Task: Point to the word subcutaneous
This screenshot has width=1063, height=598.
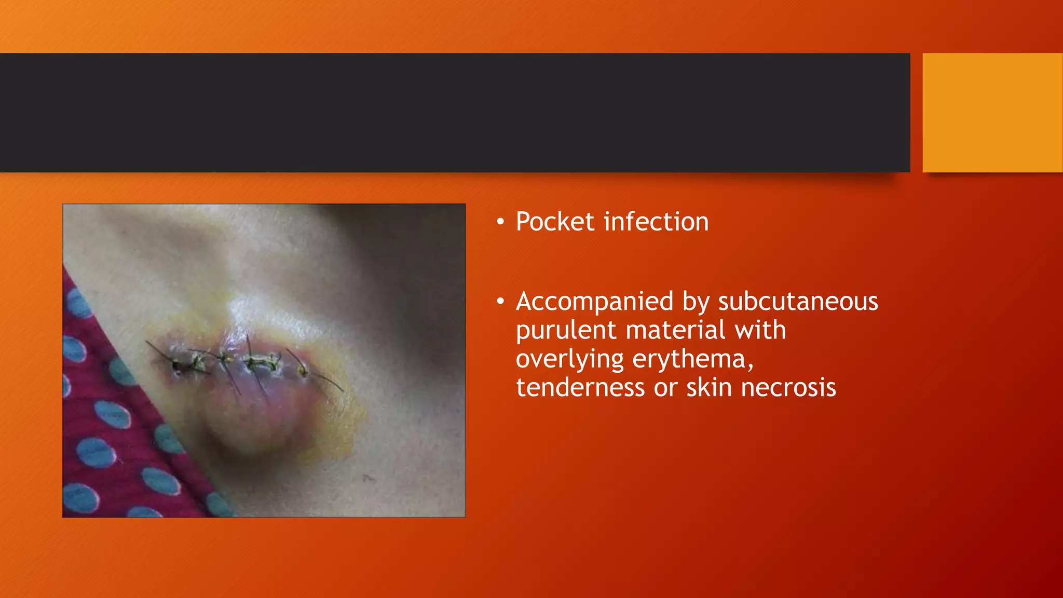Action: (798, 302)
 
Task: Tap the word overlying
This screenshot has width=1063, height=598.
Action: (570, 360)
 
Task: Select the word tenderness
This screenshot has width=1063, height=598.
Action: (580, 388)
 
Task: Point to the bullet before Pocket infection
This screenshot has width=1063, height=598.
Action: (500, 223)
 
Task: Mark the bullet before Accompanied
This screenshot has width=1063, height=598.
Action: (500, 302)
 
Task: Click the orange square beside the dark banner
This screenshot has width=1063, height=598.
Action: (992, 113)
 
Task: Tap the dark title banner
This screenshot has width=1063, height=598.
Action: (455, 113)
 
